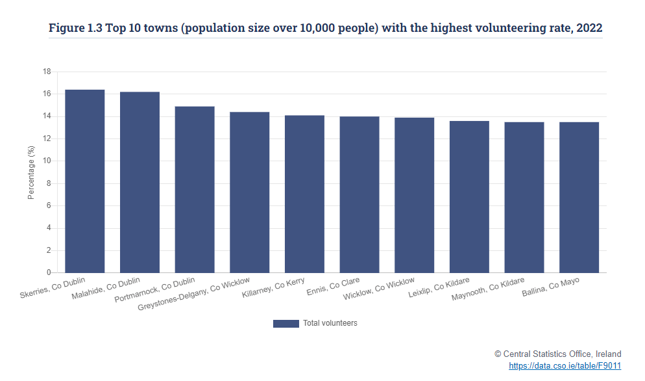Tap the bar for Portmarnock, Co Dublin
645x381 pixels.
pos(195,189)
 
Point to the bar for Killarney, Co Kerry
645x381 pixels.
pos(304,194)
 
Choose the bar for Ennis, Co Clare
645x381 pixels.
pos(359,194)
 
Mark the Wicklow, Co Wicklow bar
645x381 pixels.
pos(414,195)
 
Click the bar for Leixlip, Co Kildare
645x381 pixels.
pos(469,196)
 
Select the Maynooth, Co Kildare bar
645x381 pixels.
pos(524,197)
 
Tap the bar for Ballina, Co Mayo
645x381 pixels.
pos(579,197)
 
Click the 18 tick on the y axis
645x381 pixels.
pos(46,72)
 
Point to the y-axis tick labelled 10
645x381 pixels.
pos(46,161)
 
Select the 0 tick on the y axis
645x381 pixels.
pos(49,272)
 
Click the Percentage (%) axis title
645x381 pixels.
pos(31,172)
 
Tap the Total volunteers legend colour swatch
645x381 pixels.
pos(286,323)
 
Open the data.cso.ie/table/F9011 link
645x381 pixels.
pos(565,366)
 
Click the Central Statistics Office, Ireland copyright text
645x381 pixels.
pos(557,354)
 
